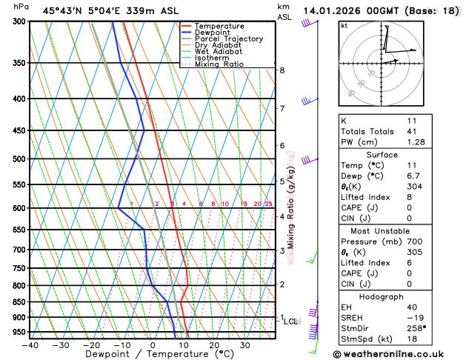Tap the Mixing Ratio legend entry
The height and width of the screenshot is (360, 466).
point(219,64)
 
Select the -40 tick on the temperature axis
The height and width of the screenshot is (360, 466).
point(30,345)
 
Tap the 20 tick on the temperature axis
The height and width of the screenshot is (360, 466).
point(213,345)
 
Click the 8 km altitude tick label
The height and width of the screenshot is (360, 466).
point(282,70)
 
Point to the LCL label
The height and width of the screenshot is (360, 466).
point(290,321)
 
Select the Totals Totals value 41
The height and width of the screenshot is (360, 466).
point(413,131)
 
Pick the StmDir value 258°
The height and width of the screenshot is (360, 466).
point(416,328)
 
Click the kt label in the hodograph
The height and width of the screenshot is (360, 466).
point(344,25)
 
